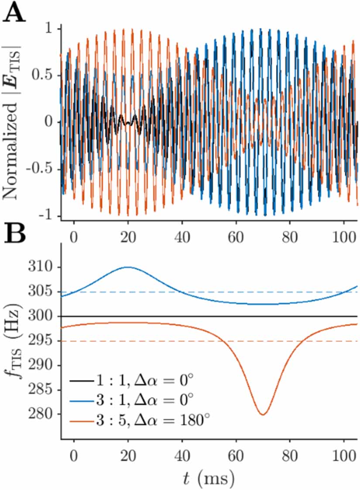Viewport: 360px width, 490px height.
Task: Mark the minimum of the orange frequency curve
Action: (263, 415)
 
